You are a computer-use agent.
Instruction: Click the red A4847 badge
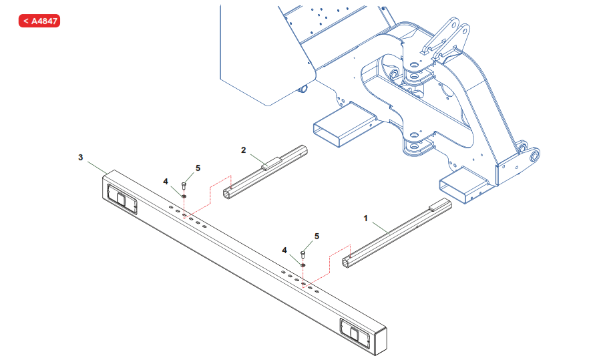(x=39, y=21)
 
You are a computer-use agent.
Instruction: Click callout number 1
(x=365, y=218)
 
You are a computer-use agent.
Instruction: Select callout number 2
(x=244, y=150)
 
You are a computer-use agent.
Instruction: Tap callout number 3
(x=81, y=157)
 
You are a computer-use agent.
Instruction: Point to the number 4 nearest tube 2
(x=166, y=180)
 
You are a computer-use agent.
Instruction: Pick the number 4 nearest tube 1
(x=284, y=250)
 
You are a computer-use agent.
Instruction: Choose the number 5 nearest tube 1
(x=317, y=236)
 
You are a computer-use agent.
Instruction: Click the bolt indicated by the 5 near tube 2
(x=184, y=184)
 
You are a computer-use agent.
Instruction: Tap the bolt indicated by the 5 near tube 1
(x=303, y=254)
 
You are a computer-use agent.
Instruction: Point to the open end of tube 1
(x=347, y=262)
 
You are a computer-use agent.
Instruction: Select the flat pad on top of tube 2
(x=271, y=162)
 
